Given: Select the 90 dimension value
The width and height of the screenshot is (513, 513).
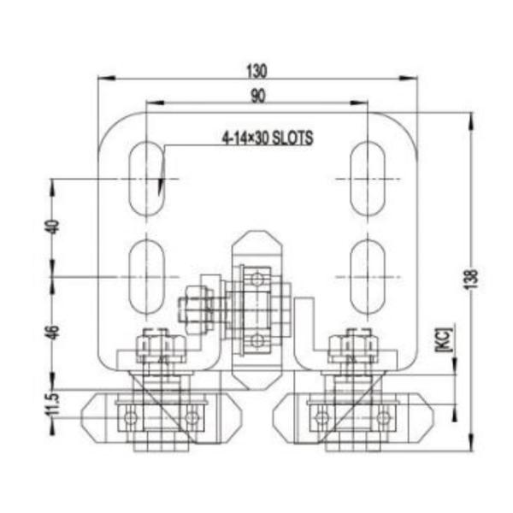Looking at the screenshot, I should pyautogui.click(x=258, y=95).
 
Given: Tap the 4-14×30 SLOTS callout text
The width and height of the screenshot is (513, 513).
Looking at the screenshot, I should pyautogui.click(x=267, y=136).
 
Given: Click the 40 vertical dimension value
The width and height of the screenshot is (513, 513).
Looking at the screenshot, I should pyautogui.click(x=51, y=227).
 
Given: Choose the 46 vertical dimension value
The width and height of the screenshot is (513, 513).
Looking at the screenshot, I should pyautogui.click(x=51, y=333).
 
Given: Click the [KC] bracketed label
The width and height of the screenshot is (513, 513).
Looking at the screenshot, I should pyautogui.click(x=443, y=339).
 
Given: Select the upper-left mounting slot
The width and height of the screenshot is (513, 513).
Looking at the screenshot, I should pyautogui.click(x=148, y=178).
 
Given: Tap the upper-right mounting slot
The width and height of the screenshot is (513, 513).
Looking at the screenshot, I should pyautogui.click(x=368, y=178).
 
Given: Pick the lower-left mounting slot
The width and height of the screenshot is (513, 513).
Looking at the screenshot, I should pyautogui.click(x=148, y=275).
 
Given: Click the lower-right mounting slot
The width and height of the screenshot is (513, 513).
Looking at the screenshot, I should pyautogui.click(x=368, y=275).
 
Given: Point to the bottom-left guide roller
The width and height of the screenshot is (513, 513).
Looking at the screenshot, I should pyautogui.click(x=162, y=417).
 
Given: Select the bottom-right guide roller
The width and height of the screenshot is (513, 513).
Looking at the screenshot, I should pyautogui.click(x=353, y=417).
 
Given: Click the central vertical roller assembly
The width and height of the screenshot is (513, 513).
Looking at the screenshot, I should pyautogui.click(x=256, y=308).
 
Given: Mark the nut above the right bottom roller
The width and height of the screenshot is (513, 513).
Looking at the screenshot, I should pyautogui.click(x=353, y=345).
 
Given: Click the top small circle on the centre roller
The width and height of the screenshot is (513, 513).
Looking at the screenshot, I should pyautogui.click(x=256, y=276).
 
